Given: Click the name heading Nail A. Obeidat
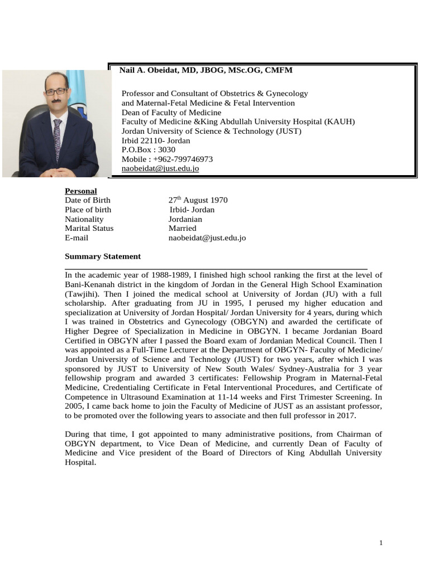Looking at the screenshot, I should tap(206, 70).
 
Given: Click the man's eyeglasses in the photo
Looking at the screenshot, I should tap(56, 91).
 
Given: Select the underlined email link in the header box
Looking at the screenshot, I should tap(160, 168).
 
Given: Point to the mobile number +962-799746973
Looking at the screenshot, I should tap(167, 159).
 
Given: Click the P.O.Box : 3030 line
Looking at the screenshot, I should tap(148, 149).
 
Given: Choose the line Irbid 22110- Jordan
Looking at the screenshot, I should tap(156, 141).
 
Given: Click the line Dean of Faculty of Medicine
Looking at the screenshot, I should tap(171, 112).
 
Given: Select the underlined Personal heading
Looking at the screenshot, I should tap(80, 191).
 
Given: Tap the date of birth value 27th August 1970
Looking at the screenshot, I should tap(198, 200).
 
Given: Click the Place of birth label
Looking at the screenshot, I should tap(88, 210).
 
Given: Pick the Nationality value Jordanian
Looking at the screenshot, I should tap(185, 219).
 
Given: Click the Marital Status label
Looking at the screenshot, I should tap(89, 228).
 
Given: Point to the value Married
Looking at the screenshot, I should tap(182, 228).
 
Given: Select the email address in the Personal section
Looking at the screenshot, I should tap(207, 238).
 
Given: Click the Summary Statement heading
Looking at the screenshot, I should tap(103, 257).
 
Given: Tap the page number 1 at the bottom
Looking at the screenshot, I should tap(380, 543).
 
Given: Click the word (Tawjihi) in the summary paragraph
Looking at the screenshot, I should tap(82, 293).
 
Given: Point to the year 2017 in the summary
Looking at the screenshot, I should tap(343, 416).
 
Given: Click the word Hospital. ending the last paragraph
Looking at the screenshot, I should tap(81, 462).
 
